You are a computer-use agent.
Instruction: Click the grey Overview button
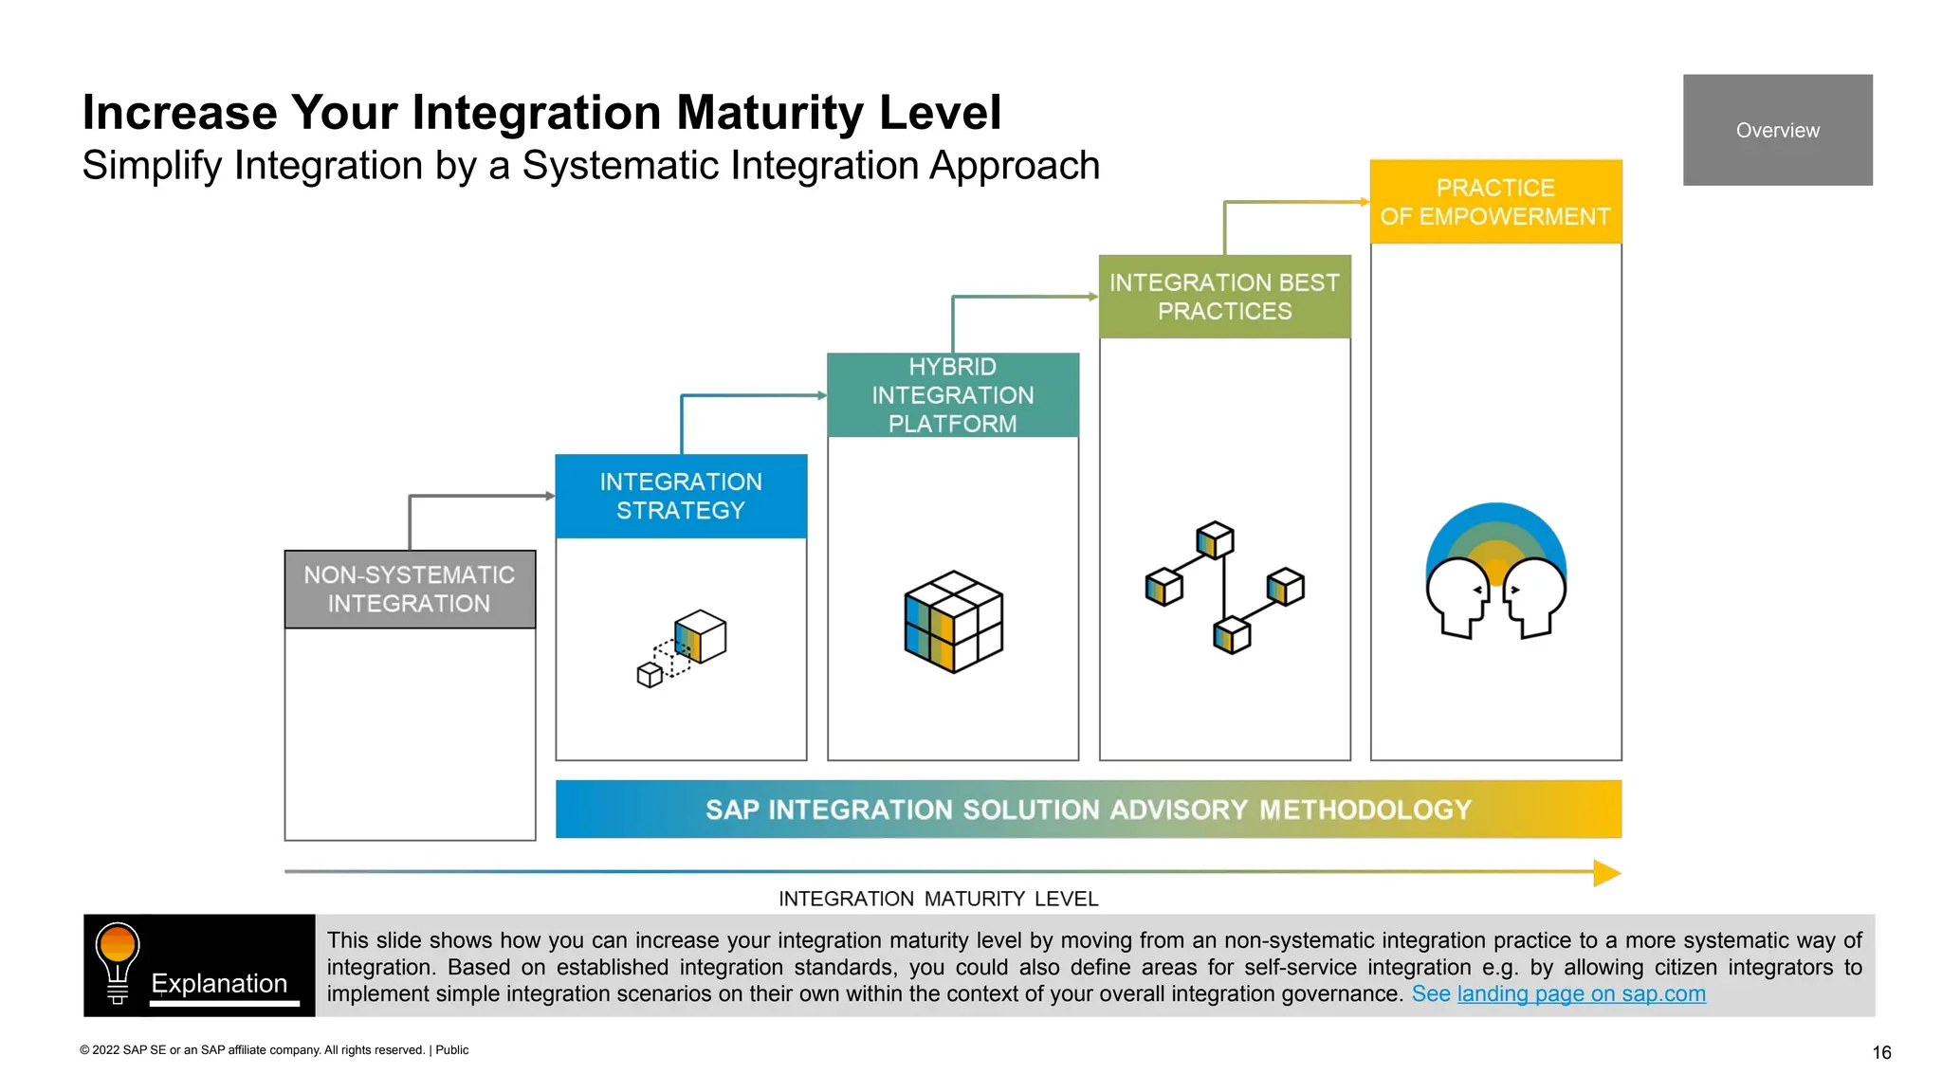[1777, 130]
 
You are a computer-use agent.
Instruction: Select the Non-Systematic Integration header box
[410, 589]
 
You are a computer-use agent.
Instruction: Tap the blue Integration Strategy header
[681, 496]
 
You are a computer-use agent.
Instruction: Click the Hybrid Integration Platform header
[952, 395]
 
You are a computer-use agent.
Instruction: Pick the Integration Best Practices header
[1224, 297]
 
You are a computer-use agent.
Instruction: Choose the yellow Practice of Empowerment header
[1495, 202]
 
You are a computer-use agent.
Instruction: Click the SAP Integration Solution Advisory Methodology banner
[1088, 809]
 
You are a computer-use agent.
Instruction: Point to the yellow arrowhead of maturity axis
[1606, 873]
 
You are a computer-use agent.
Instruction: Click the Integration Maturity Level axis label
[938, 899]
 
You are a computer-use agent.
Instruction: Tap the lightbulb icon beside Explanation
[118, 961]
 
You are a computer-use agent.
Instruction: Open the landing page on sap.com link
[1581, 993]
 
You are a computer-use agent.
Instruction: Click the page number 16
[1881, 1052]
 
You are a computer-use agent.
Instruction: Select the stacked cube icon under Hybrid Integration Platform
[953, 622]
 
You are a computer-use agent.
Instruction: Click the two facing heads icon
[1495, 573]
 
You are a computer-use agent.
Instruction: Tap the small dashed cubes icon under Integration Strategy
[681, 648]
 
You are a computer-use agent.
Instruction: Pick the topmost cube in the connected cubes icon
[1215, 539]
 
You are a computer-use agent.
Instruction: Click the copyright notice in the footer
[274, 1049]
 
